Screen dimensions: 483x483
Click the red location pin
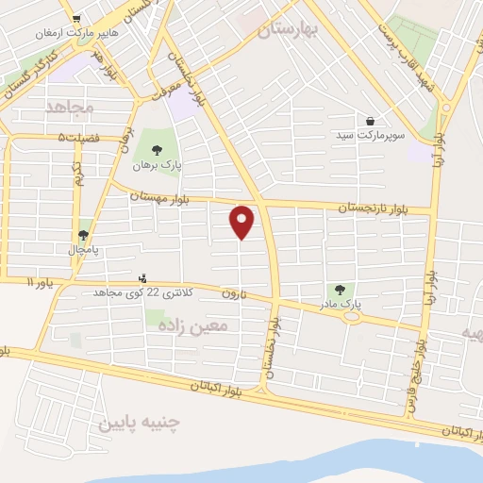coord(243,222)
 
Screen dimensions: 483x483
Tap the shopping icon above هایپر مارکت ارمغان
coord(75,19)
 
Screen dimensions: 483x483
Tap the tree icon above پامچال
coord(84,235)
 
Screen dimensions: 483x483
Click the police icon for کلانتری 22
coord(143,278)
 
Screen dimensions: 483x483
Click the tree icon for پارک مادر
coord(341,289)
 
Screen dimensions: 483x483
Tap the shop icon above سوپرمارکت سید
coord(371,122)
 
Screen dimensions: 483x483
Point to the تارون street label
coord(234,294)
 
